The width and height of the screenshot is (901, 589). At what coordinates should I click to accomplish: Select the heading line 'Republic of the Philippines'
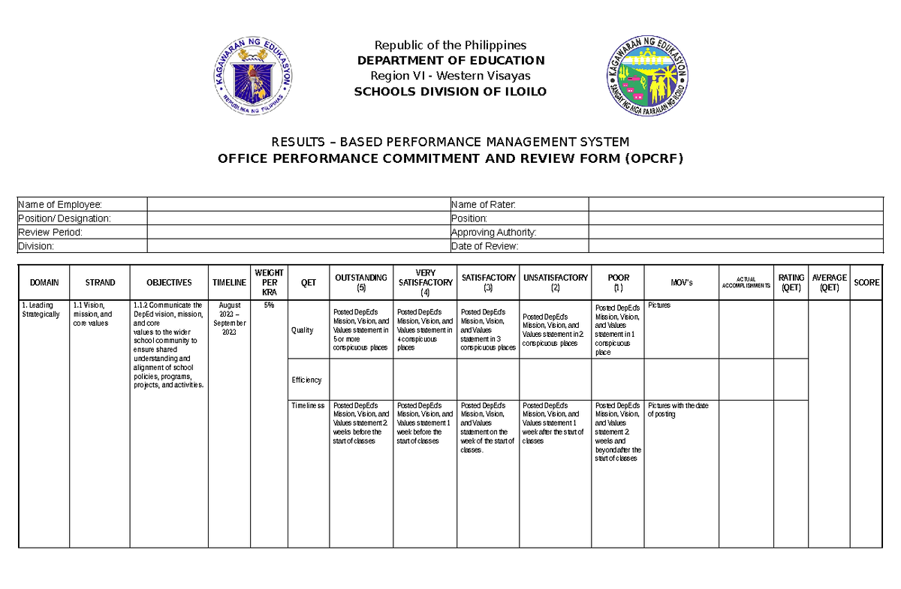tap(450, 45)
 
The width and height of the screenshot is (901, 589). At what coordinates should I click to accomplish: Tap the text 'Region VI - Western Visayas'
tap(450, 76)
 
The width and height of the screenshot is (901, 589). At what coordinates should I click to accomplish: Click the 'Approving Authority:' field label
tap(493, 233)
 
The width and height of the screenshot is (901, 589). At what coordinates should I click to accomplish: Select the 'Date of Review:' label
tap(484, 247)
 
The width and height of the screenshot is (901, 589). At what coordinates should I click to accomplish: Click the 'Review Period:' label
tap(50, 233)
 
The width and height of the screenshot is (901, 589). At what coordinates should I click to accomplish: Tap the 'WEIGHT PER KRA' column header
tap(269, 282)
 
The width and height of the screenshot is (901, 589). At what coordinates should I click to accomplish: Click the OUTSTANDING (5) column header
tap(361, 282)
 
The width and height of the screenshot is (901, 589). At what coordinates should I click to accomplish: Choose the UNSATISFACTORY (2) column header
tap(556, 282)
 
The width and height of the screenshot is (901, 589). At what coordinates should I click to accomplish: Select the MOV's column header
tap(682, 283)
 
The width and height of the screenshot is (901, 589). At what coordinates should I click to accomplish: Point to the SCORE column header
tap(866, 283)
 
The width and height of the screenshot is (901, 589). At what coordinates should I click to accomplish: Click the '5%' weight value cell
tap(269, 305)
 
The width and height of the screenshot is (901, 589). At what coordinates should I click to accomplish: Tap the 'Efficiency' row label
tap(306, 380)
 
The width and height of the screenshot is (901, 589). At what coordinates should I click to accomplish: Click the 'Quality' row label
tap(303, 331)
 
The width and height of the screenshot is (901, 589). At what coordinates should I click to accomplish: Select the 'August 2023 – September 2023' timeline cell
tap(229, 319)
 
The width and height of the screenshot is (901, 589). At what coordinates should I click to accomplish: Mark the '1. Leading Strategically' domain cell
tap(41, 310)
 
